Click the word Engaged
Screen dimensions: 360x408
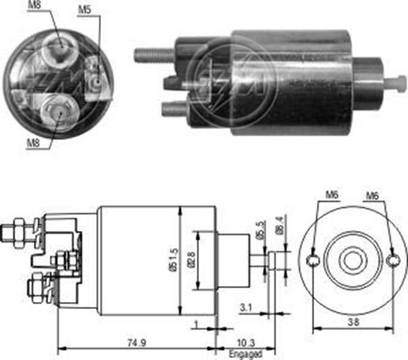245,354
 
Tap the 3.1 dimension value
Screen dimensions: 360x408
245,308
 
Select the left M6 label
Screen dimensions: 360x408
331,196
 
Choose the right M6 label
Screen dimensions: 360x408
372,196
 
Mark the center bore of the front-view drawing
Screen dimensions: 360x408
352,262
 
